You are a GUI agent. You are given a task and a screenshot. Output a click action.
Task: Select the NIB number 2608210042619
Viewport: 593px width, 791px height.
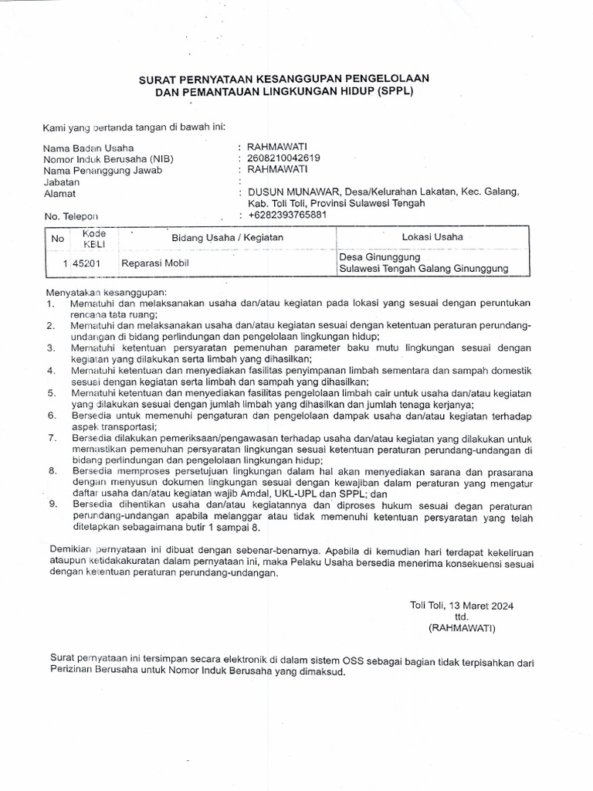[x=283, y=158]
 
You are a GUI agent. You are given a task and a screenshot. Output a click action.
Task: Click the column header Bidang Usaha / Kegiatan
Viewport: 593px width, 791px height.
[x=227, y=237]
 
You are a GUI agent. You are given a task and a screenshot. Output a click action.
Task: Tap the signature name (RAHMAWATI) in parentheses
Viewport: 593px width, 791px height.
[x=463, y=628]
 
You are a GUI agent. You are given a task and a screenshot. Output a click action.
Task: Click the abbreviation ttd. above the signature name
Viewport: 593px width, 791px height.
[x=462, y=616]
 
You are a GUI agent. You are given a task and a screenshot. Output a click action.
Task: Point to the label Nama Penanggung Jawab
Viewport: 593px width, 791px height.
[x=103, y=170]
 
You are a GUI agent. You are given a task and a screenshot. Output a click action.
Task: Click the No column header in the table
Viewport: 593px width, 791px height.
[x=57, y=238]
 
